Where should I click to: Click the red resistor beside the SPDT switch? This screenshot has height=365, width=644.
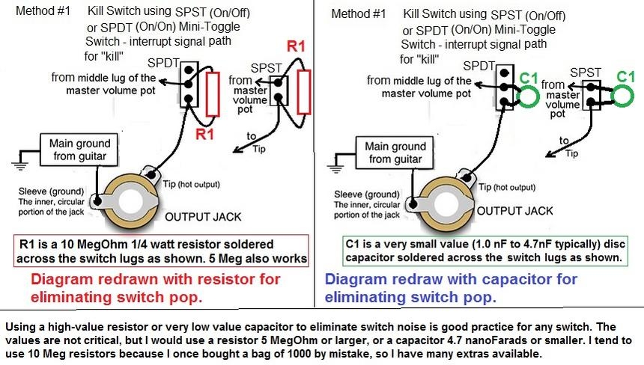(213, 94)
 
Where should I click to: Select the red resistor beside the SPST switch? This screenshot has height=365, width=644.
(304, 92)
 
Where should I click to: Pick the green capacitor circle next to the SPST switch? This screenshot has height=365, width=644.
(622, 96)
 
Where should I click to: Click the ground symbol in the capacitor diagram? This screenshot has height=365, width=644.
(335, 169)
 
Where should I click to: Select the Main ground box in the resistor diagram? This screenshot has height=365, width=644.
(79, 150)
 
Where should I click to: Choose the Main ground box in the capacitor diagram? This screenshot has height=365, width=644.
(395, 153)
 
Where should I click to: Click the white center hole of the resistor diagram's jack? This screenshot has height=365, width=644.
(130, 201)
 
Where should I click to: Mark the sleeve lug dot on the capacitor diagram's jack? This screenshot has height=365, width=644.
(413, 204)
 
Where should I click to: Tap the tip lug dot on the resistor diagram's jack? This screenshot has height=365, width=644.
(151, 175)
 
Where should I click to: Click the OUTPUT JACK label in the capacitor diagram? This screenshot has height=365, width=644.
(514, 211)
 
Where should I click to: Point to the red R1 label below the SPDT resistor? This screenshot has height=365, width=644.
(204, 134)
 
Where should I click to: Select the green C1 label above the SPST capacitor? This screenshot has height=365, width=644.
(626, 77)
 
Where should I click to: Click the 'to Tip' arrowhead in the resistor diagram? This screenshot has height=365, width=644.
(237, 150)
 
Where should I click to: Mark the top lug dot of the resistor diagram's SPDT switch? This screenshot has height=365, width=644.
(189, 70)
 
